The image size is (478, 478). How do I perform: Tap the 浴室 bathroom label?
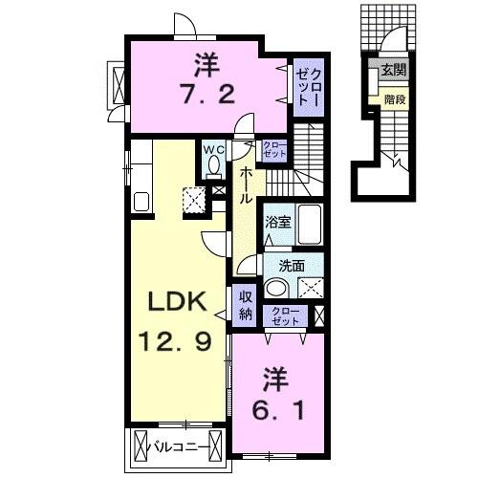[277, 221]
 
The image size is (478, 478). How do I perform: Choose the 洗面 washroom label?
[291, 266]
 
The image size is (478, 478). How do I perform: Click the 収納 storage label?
[244, 304]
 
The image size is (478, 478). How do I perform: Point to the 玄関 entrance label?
[393, 70]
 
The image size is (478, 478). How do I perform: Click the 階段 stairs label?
[393, 98]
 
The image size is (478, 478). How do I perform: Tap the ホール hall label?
[246, 185]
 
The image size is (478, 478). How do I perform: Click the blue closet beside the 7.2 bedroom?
[307, 85]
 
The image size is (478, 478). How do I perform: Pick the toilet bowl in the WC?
[211, 167]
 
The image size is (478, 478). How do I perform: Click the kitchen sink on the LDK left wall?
[141, 202]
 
